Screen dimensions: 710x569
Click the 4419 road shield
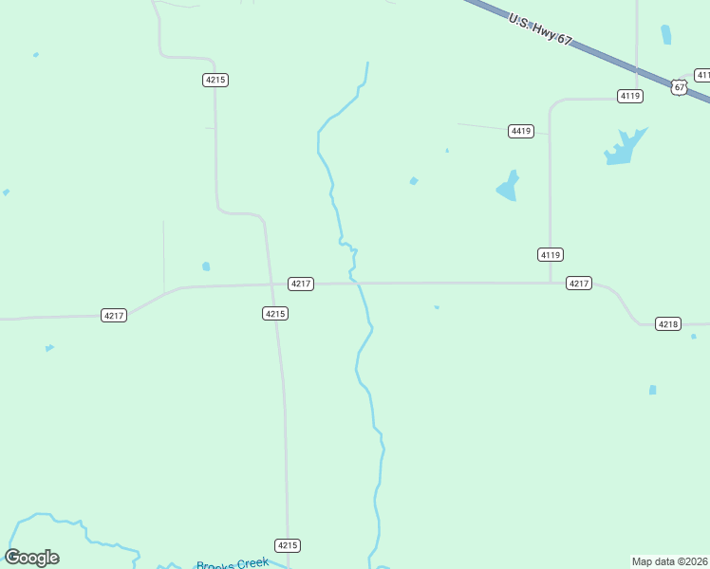point(520,131)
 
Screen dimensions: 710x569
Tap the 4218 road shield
point(668,324)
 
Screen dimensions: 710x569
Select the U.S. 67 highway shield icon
point(679,86)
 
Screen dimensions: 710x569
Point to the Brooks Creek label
point(233,563)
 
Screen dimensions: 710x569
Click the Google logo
point(32,558)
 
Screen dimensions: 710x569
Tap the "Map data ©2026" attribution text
point(669,560)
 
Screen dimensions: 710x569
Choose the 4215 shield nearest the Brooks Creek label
point(289,545)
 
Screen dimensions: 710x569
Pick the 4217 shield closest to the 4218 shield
point(579,283)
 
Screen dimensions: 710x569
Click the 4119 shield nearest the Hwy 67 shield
point(630,96)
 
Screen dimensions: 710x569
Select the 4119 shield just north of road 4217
point(551,254)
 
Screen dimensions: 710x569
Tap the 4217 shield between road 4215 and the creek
point(301,284)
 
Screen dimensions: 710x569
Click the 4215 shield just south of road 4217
point(275,313)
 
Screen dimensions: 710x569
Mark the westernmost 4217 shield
point(114,315)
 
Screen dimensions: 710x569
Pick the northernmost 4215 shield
point(215,80)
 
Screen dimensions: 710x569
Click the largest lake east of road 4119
point(624,147)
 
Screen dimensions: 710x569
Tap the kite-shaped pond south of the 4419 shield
point(509,186)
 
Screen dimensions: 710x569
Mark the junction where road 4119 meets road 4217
point(551,283)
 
